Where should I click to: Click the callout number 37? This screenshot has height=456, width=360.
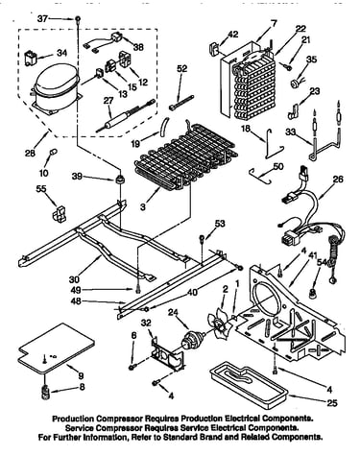(x=43, y=19)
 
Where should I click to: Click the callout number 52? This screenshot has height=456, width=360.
(x=181, y=68)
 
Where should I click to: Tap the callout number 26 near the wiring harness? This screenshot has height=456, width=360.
(x=338, y=179)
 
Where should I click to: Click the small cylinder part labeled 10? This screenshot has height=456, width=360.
(x=53, y=152)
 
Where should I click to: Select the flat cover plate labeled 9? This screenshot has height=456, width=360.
(x=57, y=348)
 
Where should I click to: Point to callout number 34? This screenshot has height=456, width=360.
(x=61, y=53)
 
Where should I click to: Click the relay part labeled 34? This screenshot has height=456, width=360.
(x=31, y=58)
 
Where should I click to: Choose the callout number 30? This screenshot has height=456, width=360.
(x=74, y=279)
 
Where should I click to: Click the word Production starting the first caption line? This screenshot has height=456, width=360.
(x=73, y=419)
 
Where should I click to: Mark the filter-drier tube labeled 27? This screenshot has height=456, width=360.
(x=125, y=116)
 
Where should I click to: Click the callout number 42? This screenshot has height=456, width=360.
(x=233, y=34)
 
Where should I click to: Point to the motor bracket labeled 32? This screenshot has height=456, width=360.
(x=167, y=354)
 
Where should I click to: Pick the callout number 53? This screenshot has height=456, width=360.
(x=220, y=223)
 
